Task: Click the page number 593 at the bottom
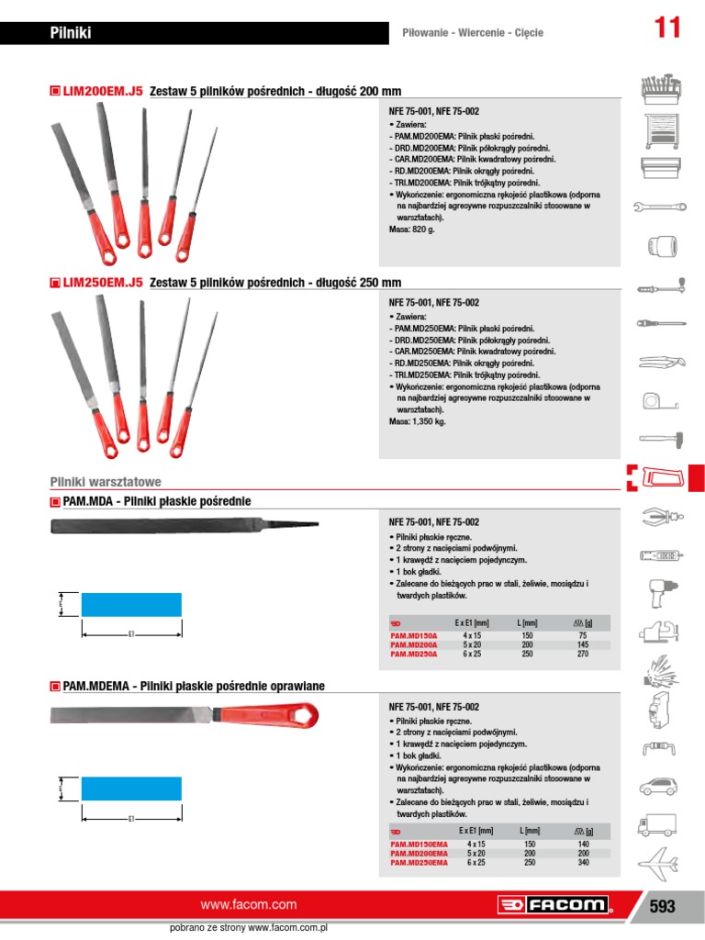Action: click(x=661, y=906)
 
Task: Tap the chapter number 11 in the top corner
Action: click(x=667, y=28)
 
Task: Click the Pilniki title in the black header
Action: click(x=71, y=34)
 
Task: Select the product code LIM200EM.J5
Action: click(x=103, y=91)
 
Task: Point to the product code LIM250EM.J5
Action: click(x=103, y=283)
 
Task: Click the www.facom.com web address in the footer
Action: click(x=249, y=904)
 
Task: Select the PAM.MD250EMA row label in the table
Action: click(x=420, y=863)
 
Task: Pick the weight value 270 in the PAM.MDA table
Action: click(x=582, y=655)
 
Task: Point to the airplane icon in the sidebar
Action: click(x=657, y=862)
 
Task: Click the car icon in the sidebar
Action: click(x=657, y=786)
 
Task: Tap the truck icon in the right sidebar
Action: click(x=657, y=824)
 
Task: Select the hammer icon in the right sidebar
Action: click(x=657, y=439)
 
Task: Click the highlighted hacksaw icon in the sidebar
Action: click(x=663, y=477)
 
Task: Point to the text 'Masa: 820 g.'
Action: click(x=412, y=229)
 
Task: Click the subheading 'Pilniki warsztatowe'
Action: click(x=105, y=481)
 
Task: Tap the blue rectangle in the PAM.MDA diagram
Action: click(x=131, y=605)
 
